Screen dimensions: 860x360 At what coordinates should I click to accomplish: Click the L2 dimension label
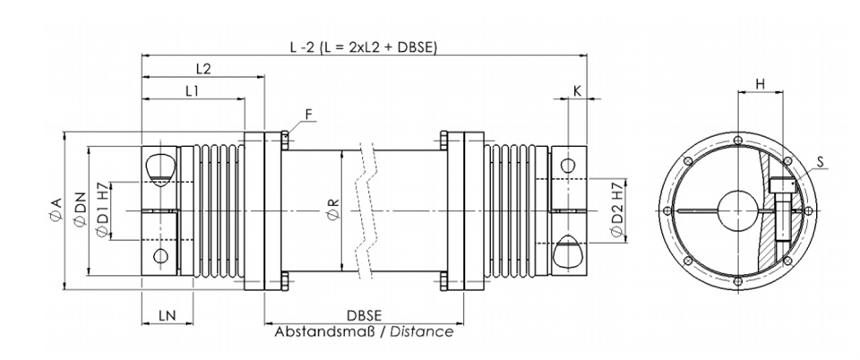pyautogui.click(x=203, y=68)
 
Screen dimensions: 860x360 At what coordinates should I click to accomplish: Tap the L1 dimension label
pyautogui.click(x=192, y=91)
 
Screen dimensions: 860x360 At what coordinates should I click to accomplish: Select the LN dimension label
pyautogui.click(x=168, y=315)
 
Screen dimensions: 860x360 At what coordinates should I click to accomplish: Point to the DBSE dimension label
pyautogui.click(x=365, y=315)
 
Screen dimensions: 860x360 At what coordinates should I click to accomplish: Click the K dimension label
pyautogui.click(x=577, y=91)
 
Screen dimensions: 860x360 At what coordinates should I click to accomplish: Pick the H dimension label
pyautogui.click(x=761, y=84)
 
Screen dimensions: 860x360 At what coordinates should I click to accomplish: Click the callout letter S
pyautogui.click(x=820, y=162)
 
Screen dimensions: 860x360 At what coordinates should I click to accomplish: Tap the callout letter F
pyautogui.click(x=309, y=114)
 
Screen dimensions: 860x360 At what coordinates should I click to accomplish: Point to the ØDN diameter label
pyautogui.click(x=80, y=210)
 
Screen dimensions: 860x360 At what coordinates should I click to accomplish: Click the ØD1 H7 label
pyautogui.click(x=102, y=210)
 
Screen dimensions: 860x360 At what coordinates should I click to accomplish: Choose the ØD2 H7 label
pyautogui.click(x=617, y=210)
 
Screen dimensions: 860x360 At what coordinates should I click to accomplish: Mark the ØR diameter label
pyautogui.click(x=333, y=210)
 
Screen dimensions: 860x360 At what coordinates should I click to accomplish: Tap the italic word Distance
pyautogui.click(x=422, y=331)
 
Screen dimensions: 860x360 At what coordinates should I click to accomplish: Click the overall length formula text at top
pyautogui.click(x=364, y=47)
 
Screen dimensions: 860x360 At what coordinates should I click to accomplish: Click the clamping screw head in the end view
pyautogui.click(x=781, y=186)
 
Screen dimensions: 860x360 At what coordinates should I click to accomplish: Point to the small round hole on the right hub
pyautogui.click(x=569, y=165)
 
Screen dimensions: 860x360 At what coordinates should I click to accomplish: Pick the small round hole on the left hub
pyautogui.click(x=160, y=256)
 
